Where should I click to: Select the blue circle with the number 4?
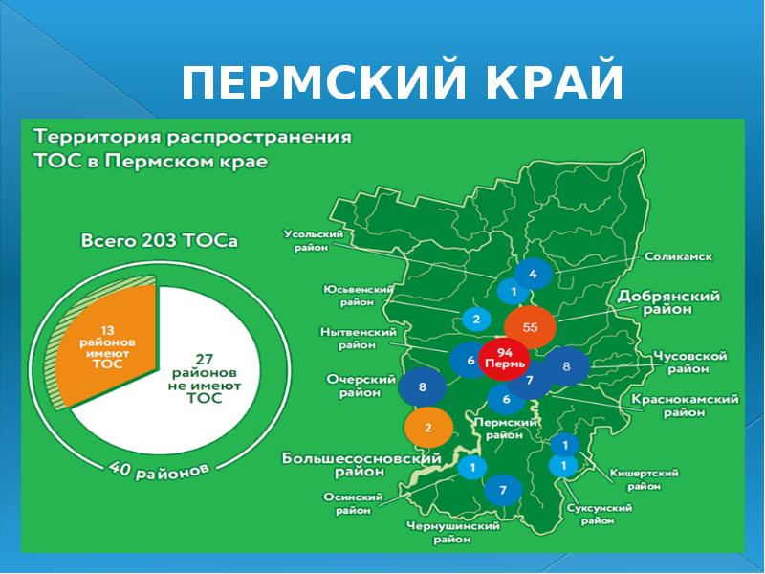coord(533,276)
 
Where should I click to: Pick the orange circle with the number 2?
coord(427,428)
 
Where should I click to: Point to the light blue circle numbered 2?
coord(475,318)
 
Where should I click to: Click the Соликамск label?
coord(678,256)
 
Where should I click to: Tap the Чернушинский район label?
coord(452,533)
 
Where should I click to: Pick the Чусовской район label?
coord(689,362)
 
